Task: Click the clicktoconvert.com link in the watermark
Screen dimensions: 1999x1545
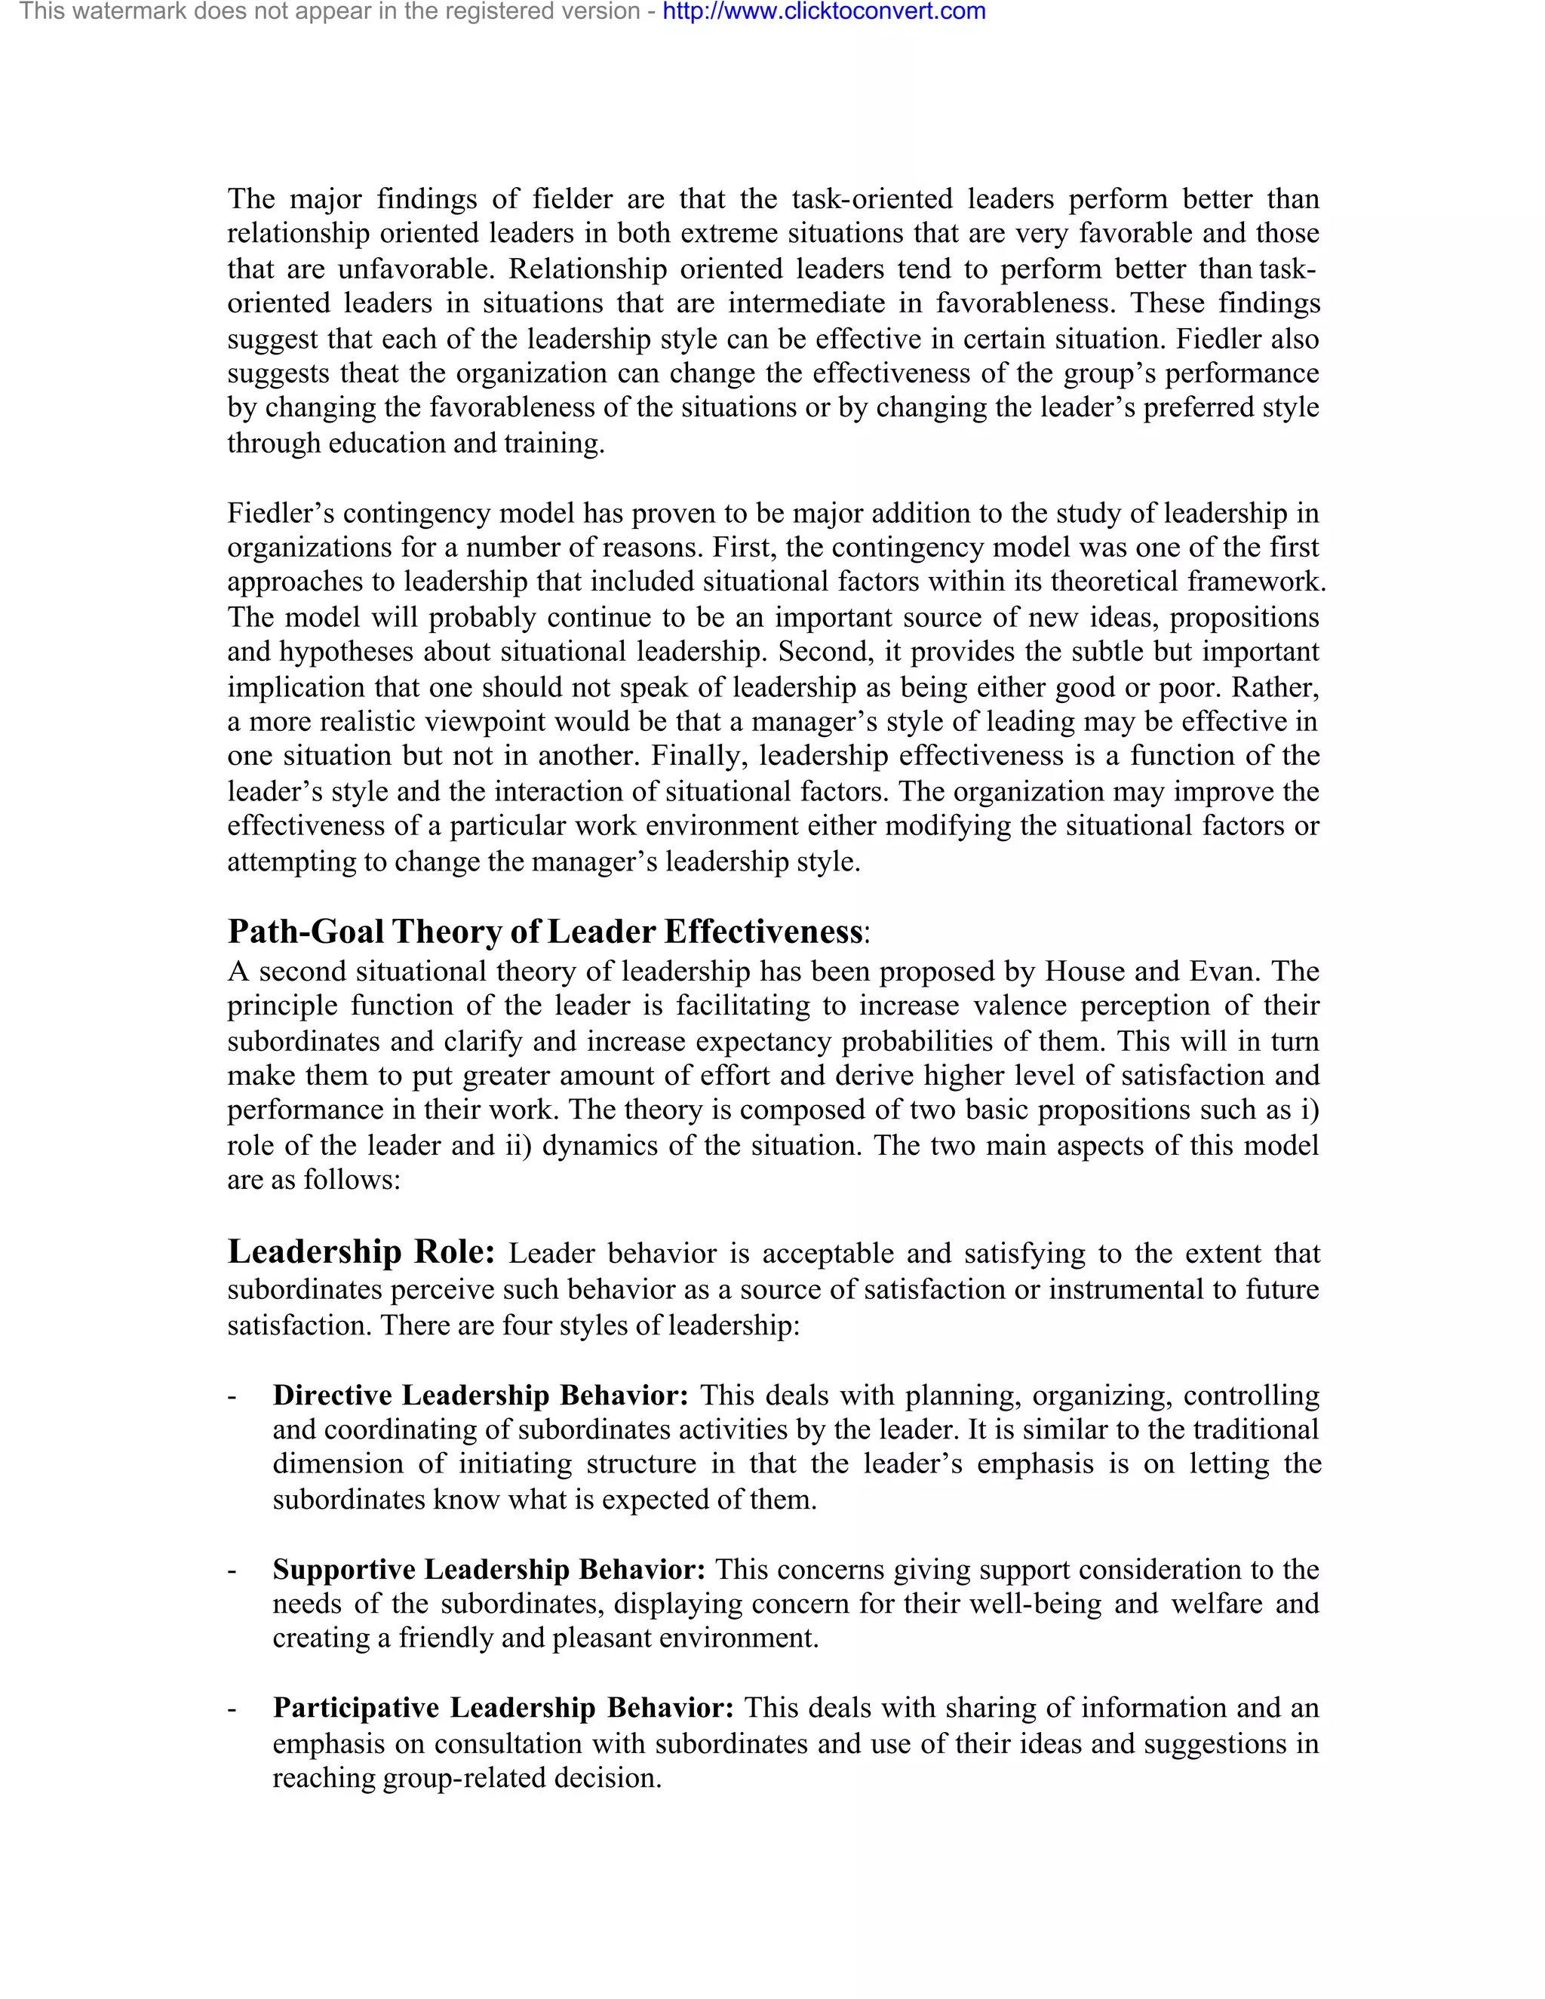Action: pyautogui.click(x=824, y=12)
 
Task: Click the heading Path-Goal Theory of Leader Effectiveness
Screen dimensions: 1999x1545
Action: pyautogui.click(x=545, y=932)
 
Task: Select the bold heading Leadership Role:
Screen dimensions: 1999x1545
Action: pyautogui.click(x=361, y=1251)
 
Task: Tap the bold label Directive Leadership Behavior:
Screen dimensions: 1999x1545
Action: pyautogui.click(x=481, y=1395)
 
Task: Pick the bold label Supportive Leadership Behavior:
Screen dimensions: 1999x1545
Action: pyautogui.click(x=489, y=1569)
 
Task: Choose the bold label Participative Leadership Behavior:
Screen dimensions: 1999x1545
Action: pyautogui.click(x=503, y=1708)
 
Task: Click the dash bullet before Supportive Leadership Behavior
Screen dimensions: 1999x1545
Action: pyautogui.click(x=232, y=1571)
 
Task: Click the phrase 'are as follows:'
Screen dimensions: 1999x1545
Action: pyautogui.click(x=314, y=1181)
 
